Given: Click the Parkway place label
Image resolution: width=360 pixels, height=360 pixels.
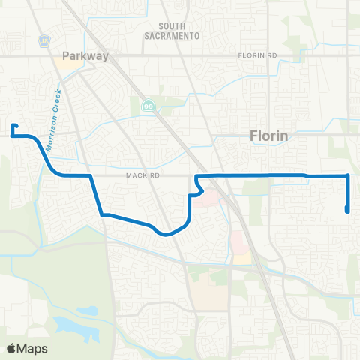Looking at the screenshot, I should coord(85,55).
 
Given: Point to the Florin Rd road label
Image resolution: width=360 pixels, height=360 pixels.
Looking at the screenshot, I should coord(257,56).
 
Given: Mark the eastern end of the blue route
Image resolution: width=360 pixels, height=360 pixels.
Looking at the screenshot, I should coord(348,211).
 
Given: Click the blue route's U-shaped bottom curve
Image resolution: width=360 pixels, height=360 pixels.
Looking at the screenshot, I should coord(169,233).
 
